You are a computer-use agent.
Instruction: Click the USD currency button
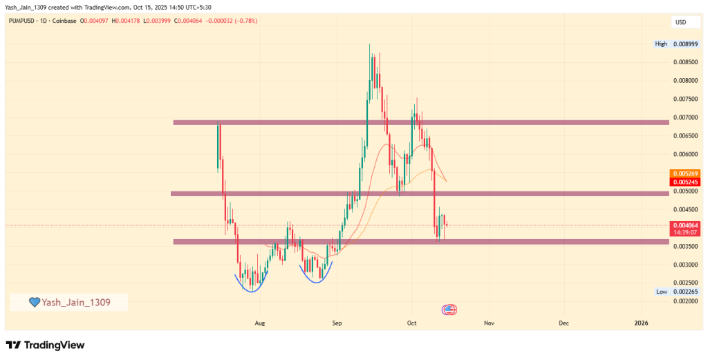tap(680, 23)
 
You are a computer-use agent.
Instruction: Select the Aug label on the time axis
tap(260, 323)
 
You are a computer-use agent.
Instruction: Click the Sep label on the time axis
tap(337, 323)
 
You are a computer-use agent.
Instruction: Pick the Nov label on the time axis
tap(489, 323)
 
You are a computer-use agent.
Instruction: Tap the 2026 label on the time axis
tap(642, 323)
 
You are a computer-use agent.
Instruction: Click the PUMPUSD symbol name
tap(24, 21)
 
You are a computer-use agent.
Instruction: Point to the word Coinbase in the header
tap(64, 21)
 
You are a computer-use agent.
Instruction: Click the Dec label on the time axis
tap(563, 323)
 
